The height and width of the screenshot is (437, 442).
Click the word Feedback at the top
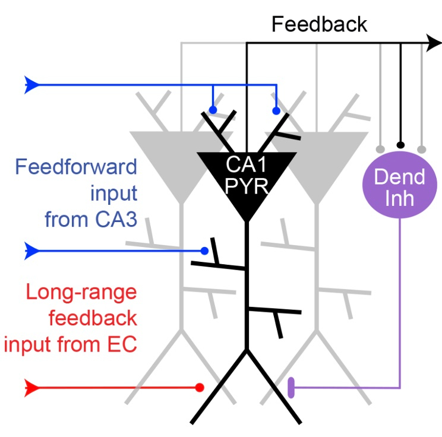coord(320,24)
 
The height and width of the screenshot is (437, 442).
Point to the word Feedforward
coord(76,166)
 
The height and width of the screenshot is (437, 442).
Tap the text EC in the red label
coord(122,344)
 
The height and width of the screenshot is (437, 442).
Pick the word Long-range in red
coord(81,292)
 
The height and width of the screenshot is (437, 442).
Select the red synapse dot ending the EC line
coord(200,388)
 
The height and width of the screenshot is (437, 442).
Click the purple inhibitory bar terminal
coord(291,388)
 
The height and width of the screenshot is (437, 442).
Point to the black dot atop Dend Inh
coord(401,144)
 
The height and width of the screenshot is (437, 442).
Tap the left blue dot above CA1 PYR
coord(213,110)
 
